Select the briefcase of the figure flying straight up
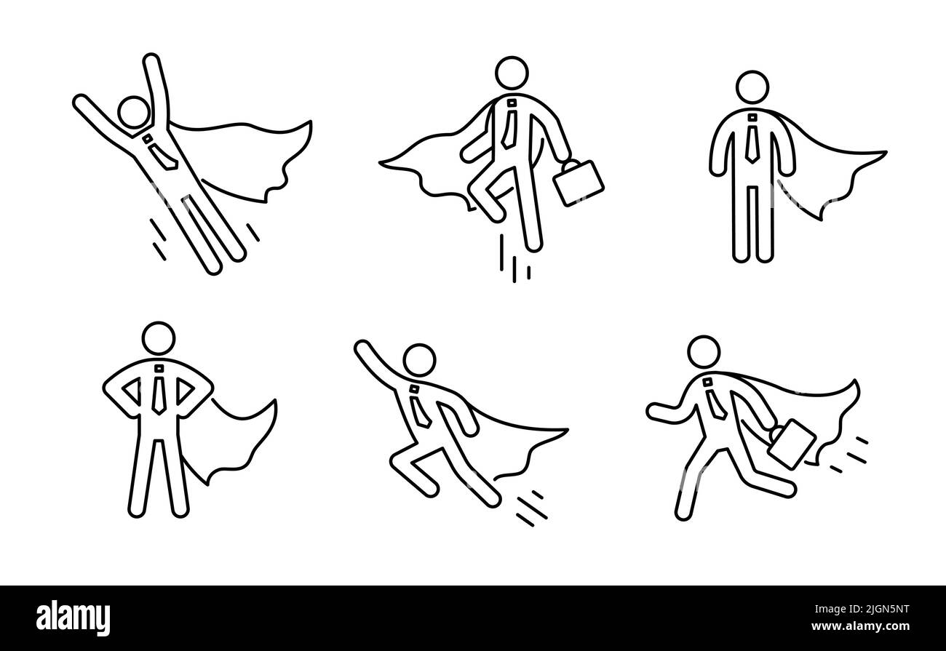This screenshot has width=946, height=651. pyautogui.click(x=579, y=182)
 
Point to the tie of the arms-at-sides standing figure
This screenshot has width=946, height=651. pyautogui.click(x=751, y=141)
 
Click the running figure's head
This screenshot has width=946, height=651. pyautogui.click(x=702, y=354)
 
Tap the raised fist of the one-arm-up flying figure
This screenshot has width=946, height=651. pyautogui.click(x=362, y=349)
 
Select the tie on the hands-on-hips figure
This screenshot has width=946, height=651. pyautogui.click(x=159, y=393)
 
